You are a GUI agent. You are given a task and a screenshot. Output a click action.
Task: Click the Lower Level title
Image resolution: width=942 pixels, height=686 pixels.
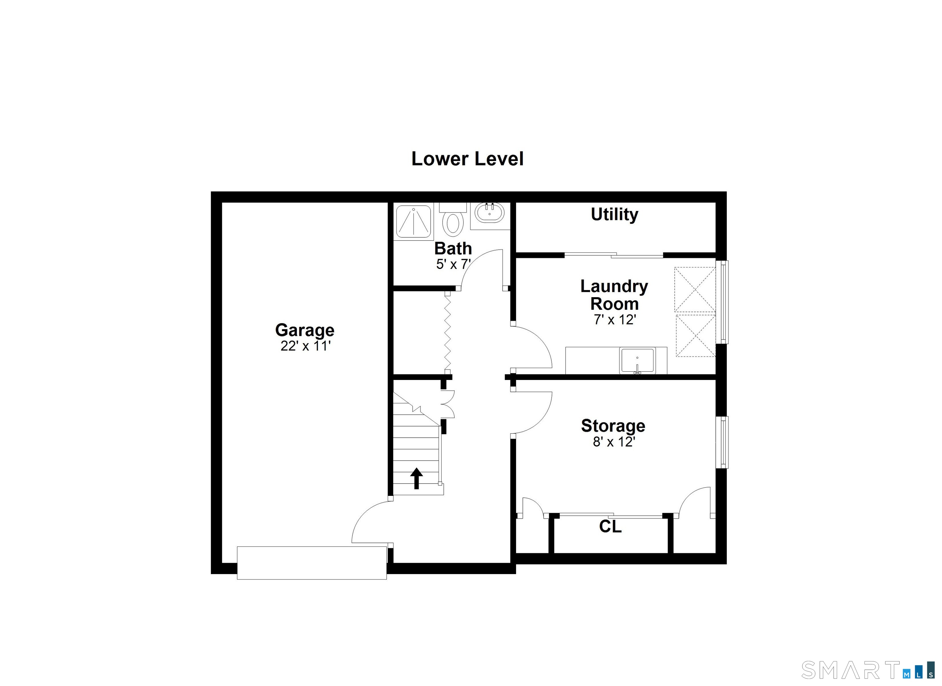tap(467, 159)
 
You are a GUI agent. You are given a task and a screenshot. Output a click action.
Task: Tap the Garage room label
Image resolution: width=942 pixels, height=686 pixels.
tap(304, 331)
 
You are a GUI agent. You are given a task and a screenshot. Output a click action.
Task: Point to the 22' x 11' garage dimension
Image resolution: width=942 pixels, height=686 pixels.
tap(305, 346)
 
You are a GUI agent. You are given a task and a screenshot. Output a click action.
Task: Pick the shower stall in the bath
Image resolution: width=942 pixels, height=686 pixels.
tap(414, 221)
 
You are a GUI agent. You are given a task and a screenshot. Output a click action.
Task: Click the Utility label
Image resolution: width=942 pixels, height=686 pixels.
tap(614, 215)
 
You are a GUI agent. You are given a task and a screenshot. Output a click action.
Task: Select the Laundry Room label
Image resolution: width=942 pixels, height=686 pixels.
tap(614, 295)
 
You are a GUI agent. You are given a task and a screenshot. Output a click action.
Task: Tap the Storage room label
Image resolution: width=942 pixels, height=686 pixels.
tap(613, 426)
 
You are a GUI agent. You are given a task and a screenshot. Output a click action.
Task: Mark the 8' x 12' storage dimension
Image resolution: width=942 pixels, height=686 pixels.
tap(614, 442)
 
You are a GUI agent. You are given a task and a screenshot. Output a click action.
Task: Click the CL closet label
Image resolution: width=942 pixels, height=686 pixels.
tap(610, 527)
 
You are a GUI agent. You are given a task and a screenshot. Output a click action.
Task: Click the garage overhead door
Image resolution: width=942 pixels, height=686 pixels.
tap(312, 563)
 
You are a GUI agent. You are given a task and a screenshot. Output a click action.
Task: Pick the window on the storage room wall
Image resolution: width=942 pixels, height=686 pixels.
tap(724, 442)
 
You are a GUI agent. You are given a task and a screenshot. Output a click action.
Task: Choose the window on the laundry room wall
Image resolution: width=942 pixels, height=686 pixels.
tap(724, 302)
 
